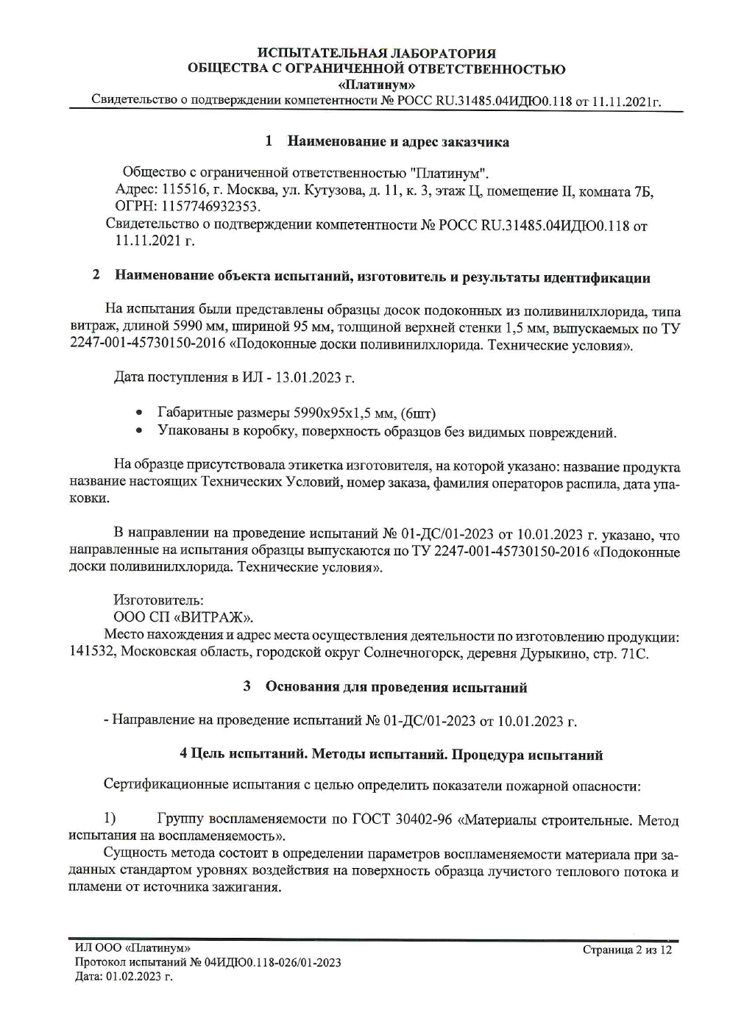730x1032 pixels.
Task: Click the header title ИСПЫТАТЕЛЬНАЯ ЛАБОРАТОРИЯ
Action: (377, 53)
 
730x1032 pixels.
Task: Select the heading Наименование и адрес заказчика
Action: (397, 141)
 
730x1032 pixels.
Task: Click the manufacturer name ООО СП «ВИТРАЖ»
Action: (183, 617)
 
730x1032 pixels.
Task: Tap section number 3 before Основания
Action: (247, 687)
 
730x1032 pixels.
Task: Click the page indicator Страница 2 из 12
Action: (627, 950)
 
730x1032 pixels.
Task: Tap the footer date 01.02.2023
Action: (135, 976)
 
